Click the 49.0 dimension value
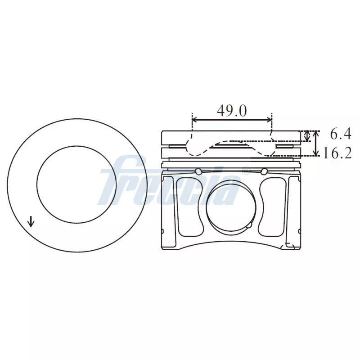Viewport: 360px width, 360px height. pos(232,110)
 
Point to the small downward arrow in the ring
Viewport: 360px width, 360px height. pos(31,221)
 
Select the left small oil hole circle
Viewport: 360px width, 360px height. pos(198,171)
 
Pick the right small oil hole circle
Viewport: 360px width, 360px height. pos(264,171)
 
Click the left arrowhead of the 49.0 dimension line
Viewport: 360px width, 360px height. pos(194,120)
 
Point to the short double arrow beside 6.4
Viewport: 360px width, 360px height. pos(307,135)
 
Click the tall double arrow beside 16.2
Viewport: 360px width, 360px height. pos(316,143)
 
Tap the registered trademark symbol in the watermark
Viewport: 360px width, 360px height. pos(246,171)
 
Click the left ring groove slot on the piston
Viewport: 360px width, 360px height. pos(177,146)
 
